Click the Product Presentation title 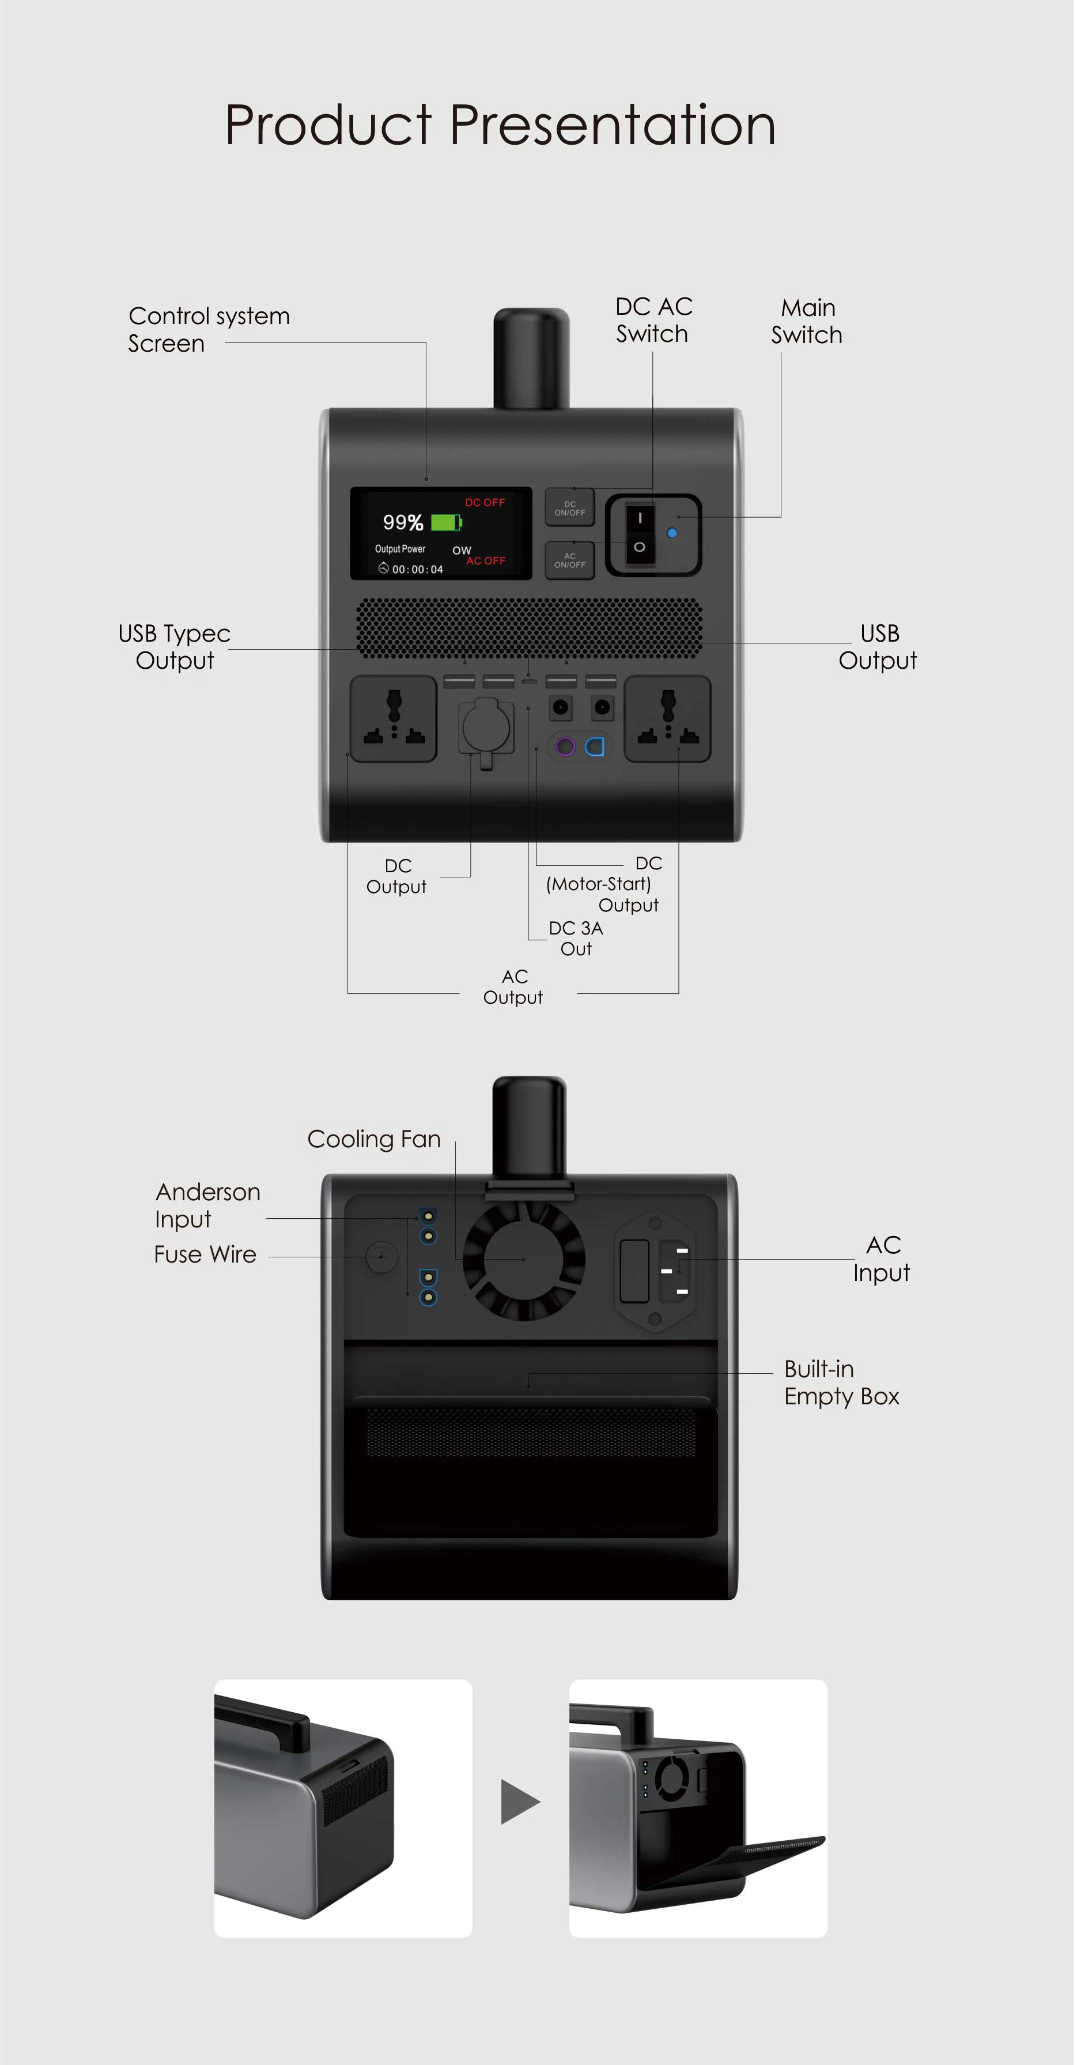(x=501, y=126)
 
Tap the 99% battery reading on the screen (x=403, y=523)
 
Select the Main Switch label (x=808, y=322)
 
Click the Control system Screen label (x=209, y=330)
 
